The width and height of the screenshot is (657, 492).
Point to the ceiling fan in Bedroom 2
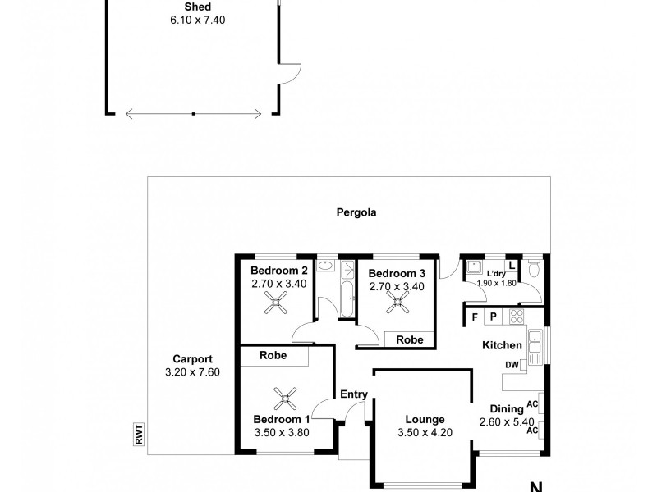tap(274, 305)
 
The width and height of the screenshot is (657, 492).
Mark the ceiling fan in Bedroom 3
tap(399, 303)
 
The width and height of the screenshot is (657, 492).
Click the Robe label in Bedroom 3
tap(410, 339)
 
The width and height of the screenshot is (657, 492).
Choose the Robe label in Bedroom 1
tap(273, 356)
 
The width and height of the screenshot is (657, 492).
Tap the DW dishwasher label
tap(512, 365)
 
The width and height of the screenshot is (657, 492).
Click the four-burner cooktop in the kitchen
tap(517, 317)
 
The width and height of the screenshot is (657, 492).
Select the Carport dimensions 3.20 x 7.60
tap(193, 372)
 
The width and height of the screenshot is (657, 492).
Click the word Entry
tap(353, 394)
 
